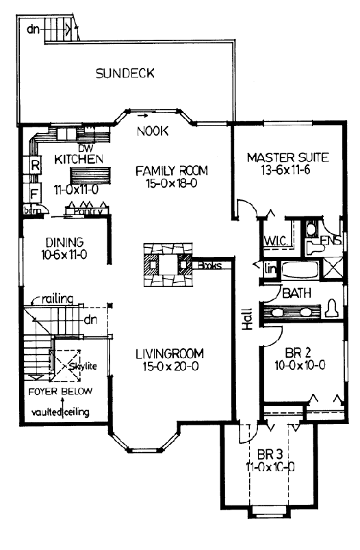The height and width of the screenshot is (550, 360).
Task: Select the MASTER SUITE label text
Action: pos(287,158)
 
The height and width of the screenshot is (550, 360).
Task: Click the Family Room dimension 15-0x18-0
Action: pos(170,184)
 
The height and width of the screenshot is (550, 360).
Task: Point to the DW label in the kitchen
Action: pos(86,147)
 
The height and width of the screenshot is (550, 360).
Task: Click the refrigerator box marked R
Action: pos(34,164)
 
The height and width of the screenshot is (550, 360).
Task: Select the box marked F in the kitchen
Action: pos(34,192)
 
